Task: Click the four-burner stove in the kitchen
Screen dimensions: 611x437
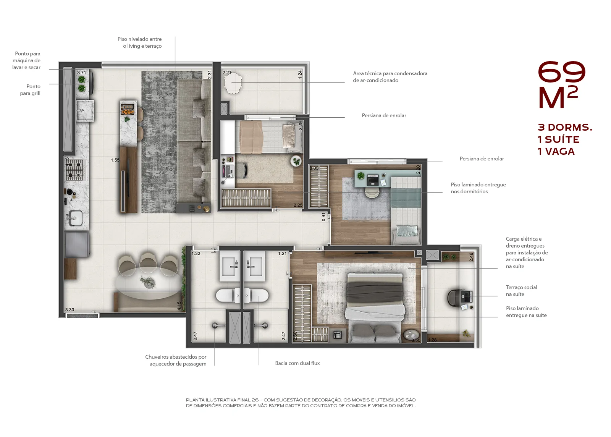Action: pos(74,170)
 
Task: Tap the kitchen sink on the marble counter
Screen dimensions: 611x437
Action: pos(75,218)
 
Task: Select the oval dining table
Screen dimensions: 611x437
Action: pos(149,283)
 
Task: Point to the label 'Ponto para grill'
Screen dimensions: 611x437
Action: pos(30,90)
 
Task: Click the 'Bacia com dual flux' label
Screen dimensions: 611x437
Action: pos(297,363)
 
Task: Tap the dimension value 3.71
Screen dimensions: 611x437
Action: pos(82,73)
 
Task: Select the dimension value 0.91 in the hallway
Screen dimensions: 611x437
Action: pos(323,217)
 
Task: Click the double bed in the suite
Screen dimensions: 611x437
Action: pos(375,308)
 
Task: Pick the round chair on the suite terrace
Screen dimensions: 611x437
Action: pos(453,298)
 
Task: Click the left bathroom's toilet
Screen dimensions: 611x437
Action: pos(228,295)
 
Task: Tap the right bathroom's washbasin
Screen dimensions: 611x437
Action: pos(254,266)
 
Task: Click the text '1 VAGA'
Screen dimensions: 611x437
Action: pos(556,151)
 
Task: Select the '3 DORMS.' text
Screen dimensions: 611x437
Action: pos(565,127)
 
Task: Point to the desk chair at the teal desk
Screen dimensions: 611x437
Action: pos(372,192)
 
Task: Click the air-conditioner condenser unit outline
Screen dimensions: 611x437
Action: pos(233,83)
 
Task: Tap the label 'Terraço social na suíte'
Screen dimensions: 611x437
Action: pos(521,291)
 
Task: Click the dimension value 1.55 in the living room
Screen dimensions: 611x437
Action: pos(115,160)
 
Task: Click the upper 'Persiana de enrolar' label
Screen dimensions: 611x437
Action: pos(384,115)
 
